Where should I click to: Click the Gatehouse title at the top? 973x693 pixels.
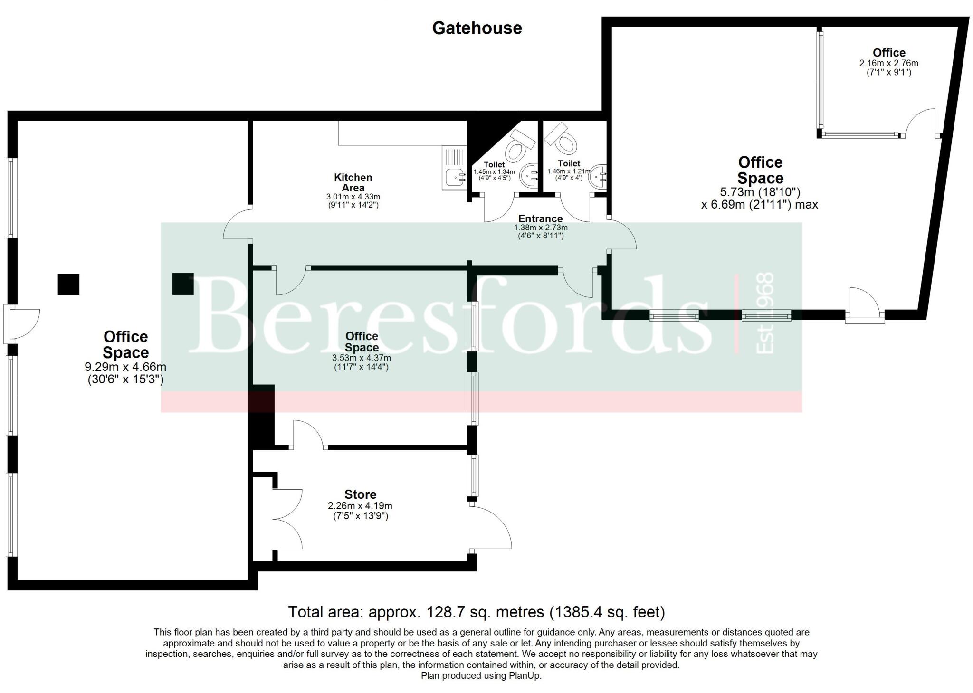(477, 28)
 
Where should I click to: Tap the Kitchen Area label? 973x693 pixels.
(353, 182)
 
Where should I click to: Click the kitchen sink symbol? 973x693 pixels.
(454, 168)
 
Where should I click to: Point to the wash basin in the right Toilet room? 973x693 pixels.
(598, 177)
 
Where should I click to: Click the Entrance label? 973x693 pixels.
(540, 218)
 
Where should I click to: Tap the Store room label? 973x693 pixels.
(360, 494)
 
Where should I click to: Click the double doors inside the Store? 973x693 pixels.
(288, 519)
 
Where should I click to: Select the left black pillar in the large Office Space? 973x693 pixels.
(68, 284)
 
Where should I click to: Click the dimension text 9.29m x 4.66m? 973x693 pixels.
(125, 367)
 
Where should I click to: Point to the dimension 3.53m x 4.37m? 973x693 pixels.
(361, 358)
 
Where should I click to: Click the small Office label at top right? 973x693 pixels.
(888, 53)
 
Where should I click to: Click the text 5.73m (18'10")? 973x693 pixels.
(760, 192)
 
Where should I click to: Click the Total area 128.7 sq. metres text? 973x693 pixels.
(476, 612)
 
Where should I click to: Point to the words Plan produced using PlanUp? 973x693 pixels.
(481, 675)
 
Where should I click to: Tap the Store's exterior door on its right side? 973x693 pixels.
(492, 527)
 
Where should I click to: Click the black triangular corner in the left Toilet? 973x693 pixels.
(480, 133)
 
